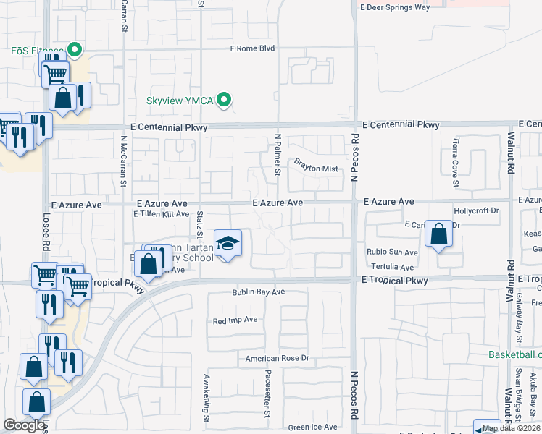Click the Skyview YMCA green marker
tap(225, 100)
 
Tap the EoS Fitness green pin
tap(75, 50)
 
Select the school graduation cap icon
tap(228, 244)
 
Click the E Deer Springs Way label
tap(395, 7)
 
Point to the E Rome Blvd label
tap(253, 48)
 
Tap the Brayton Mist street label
tap(316, 169)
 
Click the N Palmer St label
tap(278, 153)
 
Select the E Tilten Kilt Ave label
tap(161, 214)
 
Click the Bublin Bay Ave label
tap(259, 292)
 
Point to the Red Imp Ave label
tap(235, 320)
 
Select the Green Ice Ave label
tap(312, 427)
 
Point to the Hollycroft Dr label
tap(476, 210)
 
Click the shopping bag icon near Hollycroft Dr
tap(438, 234)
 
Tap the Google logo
tap(24, 425)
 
